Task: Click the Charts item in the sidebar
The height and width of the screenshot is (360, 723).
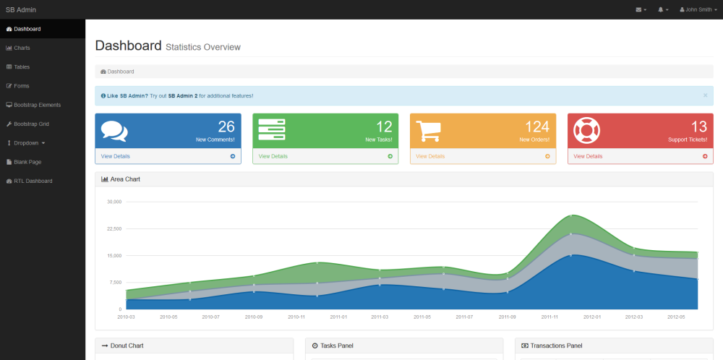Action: (x=18, y=48)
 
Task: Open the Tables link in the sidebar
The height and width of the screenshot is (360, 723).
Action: (x=18, y=67)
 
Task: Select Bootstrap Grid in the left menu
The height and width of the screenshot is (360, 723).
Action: (x=27, y=124)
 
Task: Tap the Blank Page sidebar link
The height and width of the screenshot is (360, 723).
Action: (x=24, y=162)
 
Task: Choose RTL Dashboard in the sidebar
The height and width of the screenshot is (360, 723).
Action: (x=29, y=181)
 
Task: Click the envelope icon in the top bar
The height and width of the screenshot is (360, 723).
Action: (x=638, y=9)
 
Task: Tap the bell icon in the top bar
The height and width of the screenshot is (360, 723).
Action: (x=661, y=9)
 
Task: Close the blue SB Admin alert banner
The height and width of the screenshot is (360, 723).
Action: (x=705, y=95)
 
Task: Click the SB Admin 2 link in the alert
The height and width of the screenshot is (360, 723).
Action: (x=183, y=96)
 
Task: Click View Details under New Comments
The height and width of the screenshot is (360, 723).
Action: (x=115, y=156)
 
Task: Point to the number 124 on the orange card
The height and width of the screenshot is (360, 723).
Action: (x=537, y=127)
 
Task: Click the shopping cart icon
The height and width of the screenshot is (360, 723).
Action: (x=428, y=131)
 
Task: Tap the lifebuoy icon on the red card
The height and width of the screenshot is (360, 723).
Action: (x=586, y=130)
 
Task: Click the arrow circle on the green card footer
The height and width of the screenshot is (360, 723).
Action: (x=390, y=156)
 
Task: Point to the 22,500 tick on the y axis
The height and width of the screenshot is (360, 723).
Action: (x=114, y=228)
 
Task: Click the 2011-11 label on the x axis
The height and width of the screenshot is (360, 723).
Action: (x=549, y=317)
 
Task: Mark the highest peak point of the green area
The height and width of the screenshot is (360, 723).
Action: (x=571, y=215)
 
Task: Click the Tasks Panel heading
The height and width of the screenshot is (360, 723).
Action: (x=333, y=346)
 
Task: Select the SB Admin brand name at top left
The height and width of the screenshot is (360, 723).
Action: (x=21, y=9)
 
